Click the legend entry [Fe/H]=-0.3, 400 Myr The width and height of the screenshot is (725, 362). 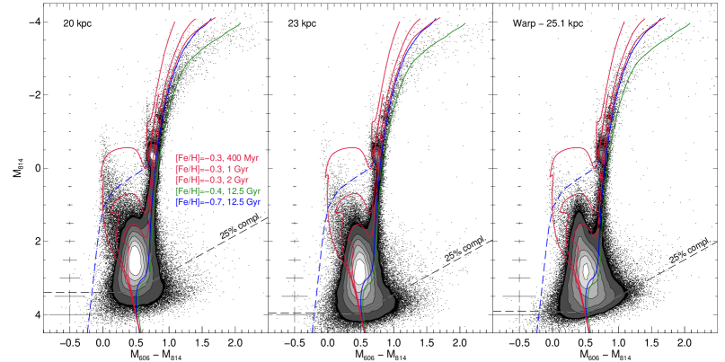click(217, 158)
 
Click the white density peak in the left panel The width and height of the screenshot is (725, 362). click(135, 260)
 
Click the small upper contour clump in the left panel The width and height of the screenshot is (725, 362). click(151, 154)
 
